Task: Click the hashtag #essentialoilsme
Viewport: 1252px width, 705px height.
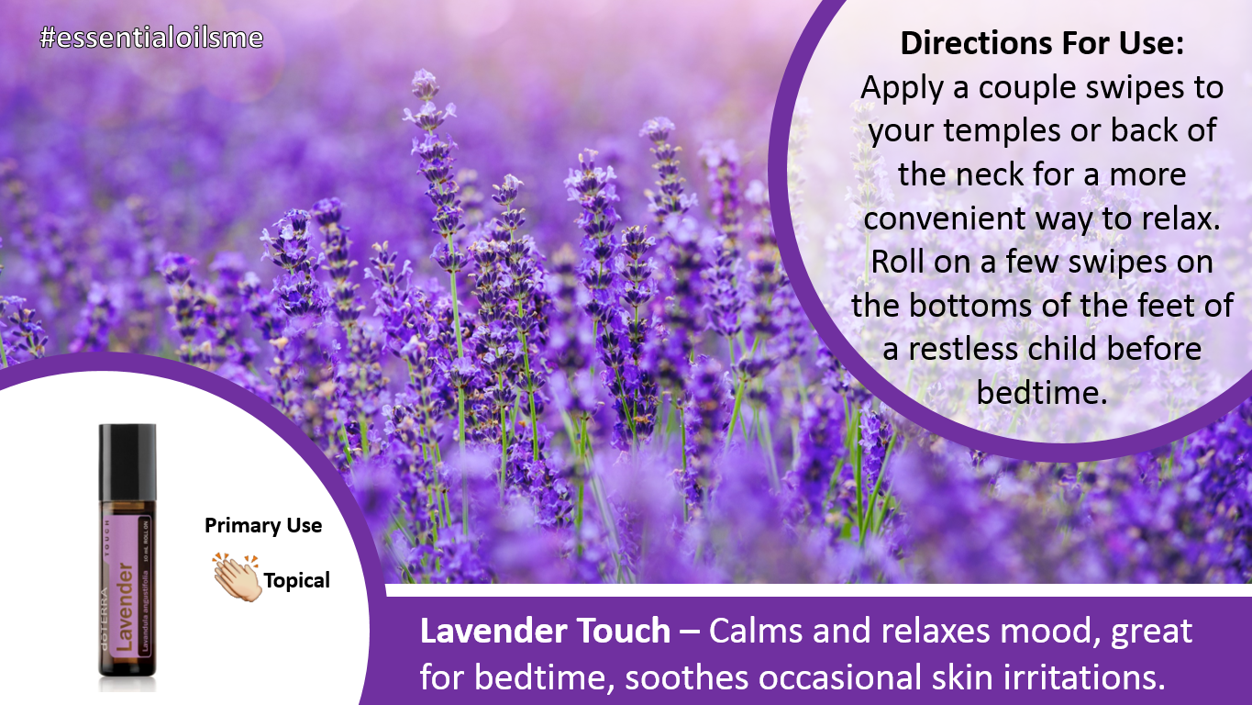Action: point(151,38)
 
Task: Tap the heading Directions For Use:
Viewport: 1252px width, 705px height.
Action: point(1042,43)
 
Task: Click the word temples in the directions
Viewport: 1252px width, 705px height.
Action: point(1003,131)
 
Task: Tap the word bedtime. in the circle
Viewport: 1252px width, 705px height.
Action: point(1042,392)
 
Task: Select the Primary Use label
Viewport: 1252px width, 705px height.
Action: point(262,525)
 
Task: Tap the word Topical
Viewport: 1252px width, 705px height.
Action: point(297,581)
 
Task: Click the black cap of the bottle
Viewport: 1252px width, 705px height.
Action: point(127,461)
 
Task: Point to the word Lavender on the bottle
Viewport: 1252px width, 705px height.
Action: point(125,607)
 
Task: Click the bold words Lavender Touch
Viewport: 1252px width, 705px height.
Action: point(545,631)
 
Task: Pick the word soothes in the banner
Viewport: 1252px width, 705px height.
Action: point(686,677)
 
